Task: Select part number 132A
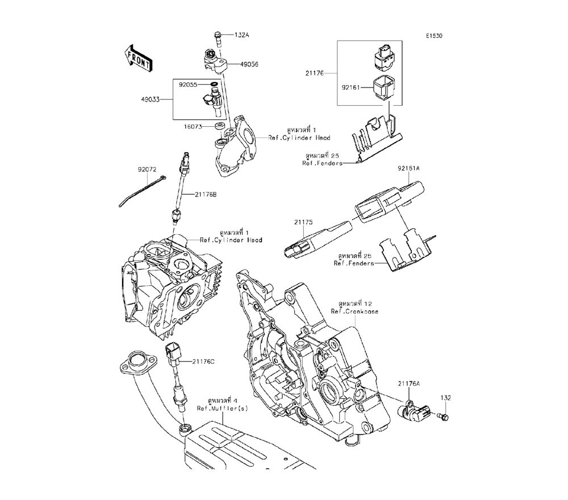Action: tap(242, 35)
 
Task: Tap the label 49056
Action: tap(249, 64)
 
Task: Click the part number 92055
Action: tap(188, 85)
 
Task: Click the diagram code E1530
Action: tap(435, 35)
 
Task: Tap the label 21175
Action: tap(303, 222)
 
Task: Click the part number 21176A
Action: tap(409, 384)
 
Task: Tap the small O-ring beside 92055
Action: tap(214, 85)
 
